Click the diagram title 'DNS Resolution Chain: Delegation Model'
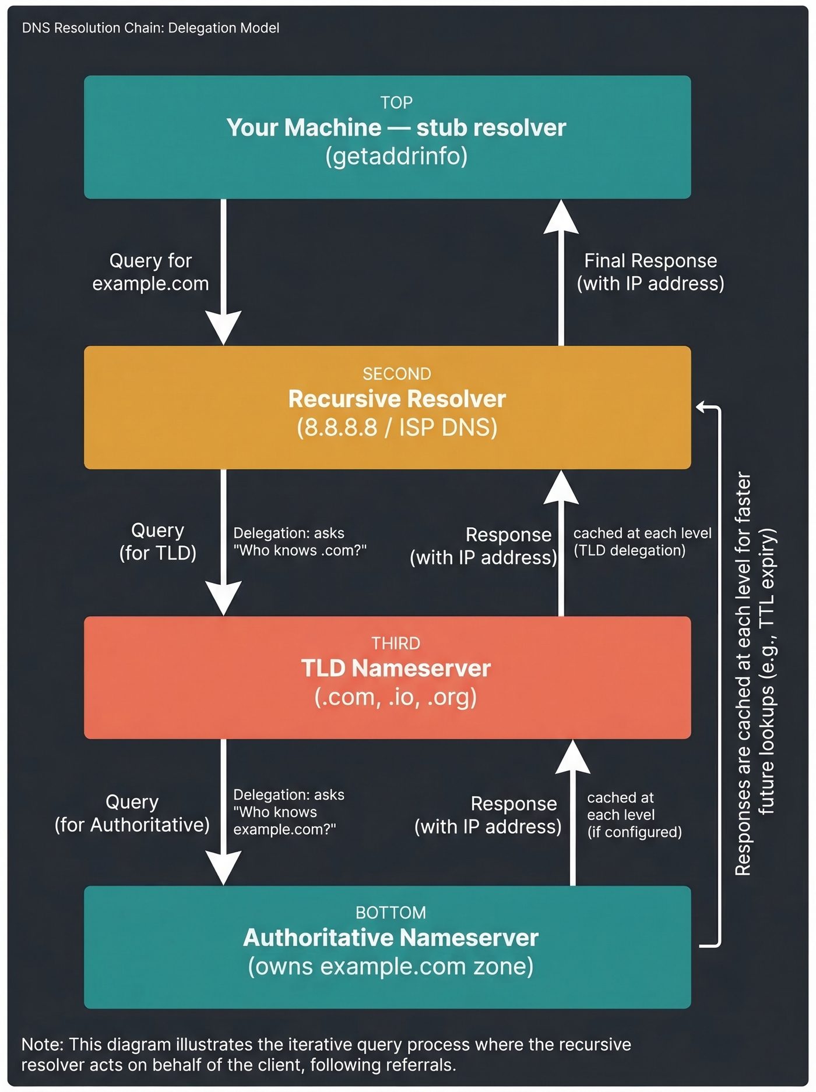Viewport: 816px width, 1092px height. (x=150, y=28)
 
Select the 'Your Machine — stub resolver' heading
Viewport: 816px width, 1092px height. (x=396, y=128)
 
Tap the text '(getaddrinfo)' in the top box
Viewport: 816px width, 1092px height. (x=396, y=156)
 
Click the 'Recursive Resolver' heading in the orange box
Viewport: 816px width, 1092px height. (x=396, y=399)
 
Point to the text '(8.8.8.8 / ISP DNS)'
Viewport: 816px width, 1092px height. (x=396, y=427)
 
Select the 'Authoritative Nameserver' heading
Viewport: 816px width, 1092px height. (x=391, y=938)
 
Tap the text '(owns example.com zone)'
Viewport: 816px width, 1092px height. (x=391, y=966)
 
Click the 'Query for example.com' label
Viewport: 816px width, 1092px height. (x=150, y=272)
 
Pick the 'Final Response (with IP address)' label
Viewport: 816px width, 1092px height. (x=650, y=272)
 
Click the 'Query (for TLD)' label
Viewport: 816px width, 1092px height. (x=157, y=542)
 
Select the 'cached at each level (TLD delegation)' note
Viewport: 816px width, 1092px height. (x=642, y=542)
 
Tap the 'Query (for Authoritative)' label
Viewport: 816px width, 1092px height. (x=132, y=813)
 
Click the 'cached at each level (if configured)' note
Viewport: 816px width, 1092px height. (x=634, y=814)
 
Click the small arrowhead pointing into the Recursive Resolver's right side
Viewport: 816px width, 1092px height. (x=702, y=407)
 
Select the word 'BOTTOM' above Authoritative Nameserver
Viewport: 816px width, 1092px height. (x=391, y=912)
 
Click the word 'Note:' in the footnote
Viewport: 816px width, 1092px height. (x=43, y=1044)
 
